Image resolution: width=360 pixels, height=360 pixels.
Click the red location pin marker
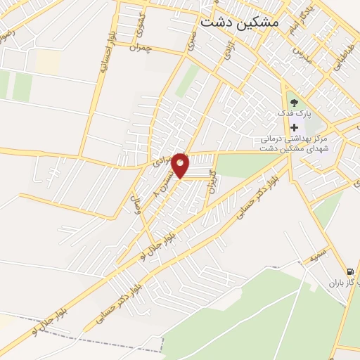[x=181, y=165]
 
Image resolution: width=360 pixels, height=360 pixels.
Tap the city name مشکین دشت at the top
[x=239, y=22]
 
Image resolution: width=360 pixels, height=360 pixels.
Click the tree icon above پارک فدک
[x=294, y=103]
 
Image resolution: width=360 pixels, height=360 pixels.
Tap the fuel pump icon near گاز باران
[x=350, y=272]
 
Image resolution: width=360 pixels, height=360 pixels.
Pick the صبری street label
[x=191, y=39]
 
